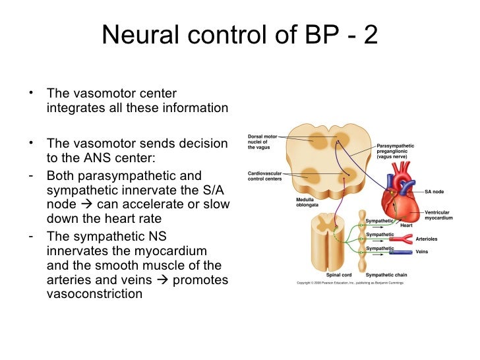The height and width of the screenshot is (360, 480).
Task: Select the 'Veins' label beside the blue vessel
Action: pyautogui.click(x=423, y=251)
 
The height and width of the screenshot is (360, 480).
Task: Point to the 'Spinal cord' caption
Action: pyautogui.click(x=338, y=275)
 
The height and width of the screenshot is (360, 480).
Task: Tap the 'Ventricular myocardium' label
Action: pyautogui.click(x=437, y=215)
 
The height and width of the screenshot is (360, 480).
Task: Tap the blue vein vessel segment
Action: pyautogui.click(x=404, y=251)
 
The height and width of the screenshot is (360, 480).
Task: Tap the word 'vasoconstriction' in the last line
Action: pyautogui.click(x=94, y=294)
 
